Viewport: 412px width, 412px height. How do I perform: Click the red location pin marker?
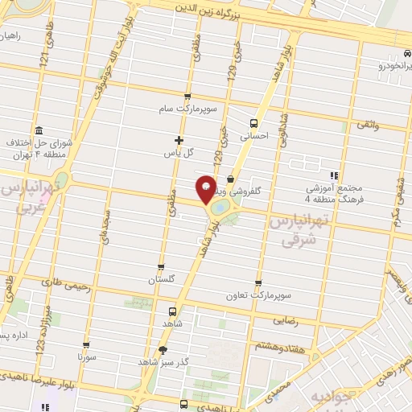click(x=207, y=187)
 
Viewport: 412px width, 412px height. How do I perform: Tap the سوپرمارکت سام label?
click(x=188, y=108)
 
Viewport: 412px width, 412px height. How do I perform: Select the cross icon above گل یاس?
click(x=179, y=140)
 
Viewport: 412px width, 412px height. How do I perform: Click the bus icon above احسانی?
click(x=254, y=124)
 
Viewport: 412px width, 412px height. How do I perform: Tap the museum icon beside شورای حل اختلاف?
click(x=40, y=130)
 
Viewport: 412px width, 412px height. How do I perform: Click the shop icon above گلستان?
click(x=161, y=267)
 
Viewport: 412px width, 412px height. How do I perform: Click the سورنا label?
click(x=87, y=355)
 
